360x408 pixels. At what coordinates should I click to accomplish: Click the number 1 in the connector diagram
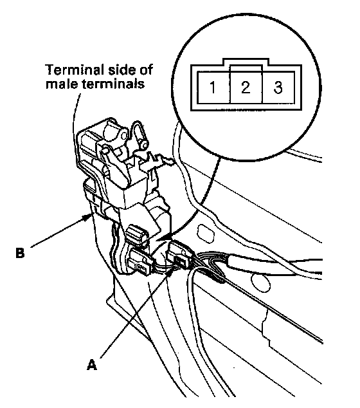[213, 88]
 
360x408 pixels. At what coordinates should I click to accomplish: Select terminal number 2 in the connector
[246, 88]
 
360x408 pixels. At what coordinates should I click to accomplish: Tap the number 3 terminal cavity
[278, 88]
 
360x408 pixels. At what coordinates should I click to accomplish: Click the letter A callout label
[92, 364]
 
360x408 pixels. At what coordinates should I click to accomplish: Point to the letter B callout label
[20, 252]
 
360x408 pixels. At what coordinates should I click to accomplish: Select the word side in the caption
[121, 70]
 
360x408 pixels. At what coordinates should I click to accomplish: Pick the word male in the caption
[62, 84]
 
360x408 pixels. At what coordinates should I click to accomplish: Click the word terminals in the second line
[113, 84]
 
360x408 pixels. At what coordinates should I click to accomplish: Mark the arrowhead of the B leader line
[87, 217]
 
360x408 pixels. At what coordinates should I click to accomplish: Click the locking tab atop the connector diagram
[246, 62]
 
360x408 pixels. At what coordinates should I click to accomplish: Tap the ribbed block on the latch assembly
[136, 234]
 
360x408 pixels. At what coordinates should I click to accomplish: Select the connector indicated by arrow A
[179, 255]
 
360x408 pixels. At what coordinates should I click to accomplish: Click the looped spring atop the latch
[139, 134]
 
